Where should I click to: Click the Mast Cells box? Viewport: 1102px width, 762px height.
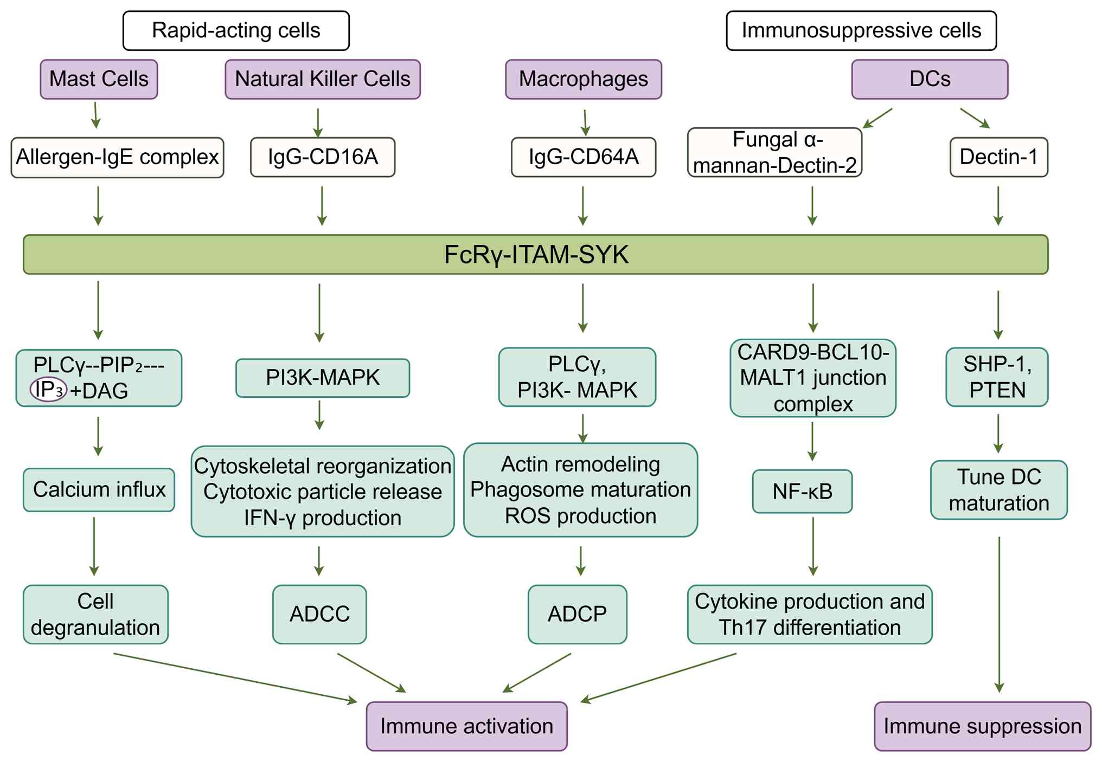click(x=99, y=79)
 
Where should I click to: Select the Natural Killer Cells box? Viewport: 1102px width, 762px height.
click(x=323, y=79)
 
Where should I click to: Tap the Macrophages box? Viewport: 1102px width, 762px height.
click(x=584, y=79)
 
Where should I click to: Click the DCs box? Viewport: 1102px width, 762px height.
click(x=930, y=79)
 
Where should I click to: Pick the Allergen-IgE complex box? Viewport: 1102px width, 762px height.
click(x=117, y=157)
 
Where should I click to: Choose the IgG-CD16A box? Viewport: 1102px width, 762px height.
click(x=323, y=157)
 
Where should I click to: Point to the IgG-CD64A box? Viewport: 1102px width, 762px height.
click(x=584, y=157)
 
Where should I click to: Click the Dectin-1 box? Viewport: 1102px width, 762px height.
click(x=998, y=157)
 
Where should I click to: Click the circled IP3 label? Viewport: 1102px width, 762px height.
click(x=48, y=389)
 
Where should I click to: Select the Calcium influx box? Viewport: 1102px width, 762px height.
click(x=99, y=490)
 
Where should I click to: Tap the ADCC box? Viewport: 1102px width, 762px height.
click(x=319, y=614)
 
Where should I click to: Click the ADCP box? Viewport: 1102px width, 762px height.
click(x=577, y=614)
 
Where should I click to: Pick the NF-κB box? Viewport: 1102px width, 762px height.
click(x=802, y=492)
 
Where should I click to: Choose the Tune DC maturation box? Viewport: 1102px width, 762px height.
click(x=999, y=490)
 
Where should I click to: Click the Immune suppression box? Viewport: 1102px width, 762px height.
click(x=982, y=726)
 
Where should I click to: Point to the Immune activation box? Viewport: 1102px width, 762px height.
click(x=466, y=726)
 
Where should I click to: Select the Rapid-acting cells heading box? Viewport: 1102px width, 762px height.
click(x=236, y=31)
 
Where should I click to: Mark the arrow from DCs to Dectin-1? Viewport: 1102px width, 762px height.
click(x=975, y=118)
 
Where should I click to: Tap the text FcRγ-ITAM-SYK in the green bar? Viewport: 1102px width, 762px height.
click(x=536, y=255)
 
